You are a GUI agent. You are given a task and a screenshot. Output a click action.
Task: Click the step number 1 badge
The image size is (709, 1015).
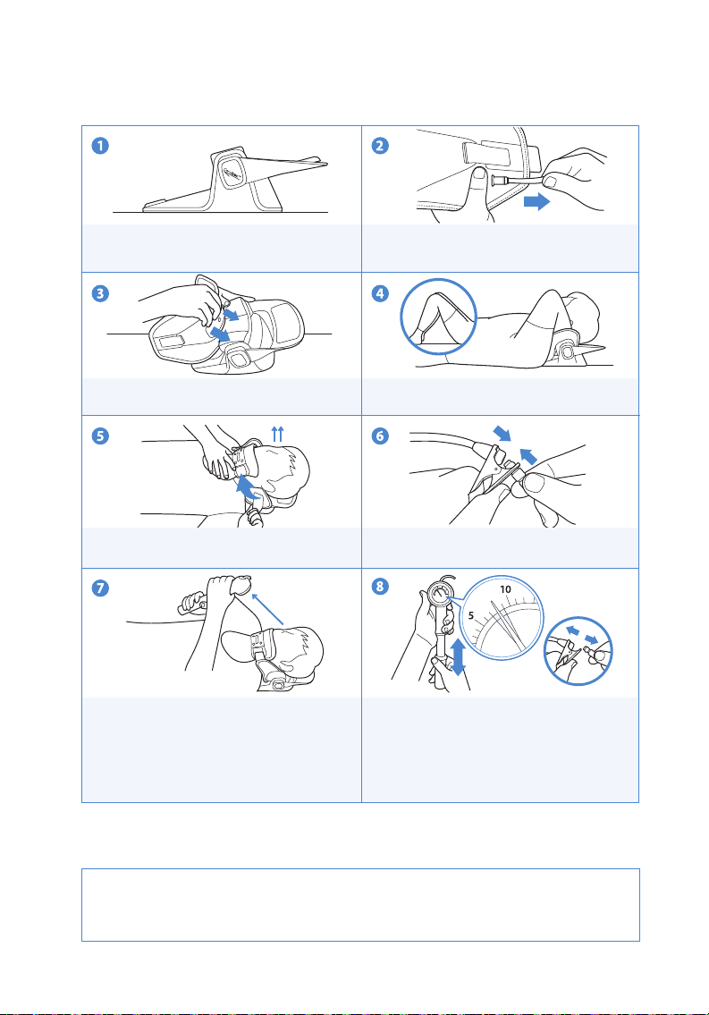tap(100, 146)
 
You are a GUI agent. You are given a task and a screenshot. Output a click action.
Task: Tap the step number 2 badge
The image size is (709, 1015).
tap(380, 146)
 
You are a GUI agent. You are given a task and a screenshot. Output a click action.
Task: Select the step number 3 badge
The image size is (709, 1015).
tap(100, 293)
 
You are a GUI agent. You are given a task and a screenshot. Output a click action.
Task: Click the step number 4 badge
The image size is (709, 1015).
tap(380, 293)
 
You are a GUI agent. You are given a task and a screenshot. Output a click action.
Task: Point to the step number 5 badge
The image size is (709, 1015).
tap(100, 436)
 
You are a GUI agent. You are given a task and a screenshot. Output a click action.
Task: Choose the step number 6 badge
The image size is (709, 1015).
tap(380, 436)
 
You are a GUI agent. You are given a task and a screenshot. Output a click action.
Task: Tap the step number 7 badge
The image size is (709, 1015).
tap(100, 588)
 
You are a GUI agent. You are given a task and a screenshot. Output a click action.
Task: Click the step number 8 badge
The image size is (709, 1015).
tap(380, 587)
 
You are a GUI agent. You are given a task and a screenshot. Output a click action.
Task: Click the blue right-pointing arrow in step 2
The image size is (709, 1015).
tap(536, 202)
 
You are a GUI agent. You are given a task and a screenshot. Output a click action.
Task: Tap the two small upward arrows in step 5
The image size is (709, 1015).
tap(277, 433)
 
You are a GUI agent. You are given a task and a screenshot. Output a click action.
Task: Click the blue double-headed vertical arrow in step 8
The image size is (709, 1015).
tap(458, 656)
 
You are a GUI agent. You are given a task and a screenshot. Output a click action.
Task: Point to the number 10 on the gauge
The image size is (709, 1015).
tap(506, 589)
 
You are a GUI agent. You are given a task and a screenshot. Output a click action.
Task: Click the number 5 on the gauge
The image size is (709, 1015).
tap(471, 615)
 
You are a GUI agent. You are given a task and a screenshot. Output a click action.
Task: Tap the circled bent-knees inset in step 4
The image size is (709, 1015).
tap(439, 317)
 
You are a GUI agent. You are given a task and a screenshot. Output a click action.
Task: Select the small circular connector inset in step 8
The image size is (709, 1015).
tap(578, 650)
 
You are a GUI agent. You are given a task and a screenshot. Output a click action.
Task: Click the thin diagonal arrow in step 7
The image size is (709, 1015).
tap(268, 608)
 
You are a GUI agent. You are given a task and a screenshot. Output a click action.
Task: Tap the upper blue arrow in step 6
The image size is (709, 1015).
tap(502, 433)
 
